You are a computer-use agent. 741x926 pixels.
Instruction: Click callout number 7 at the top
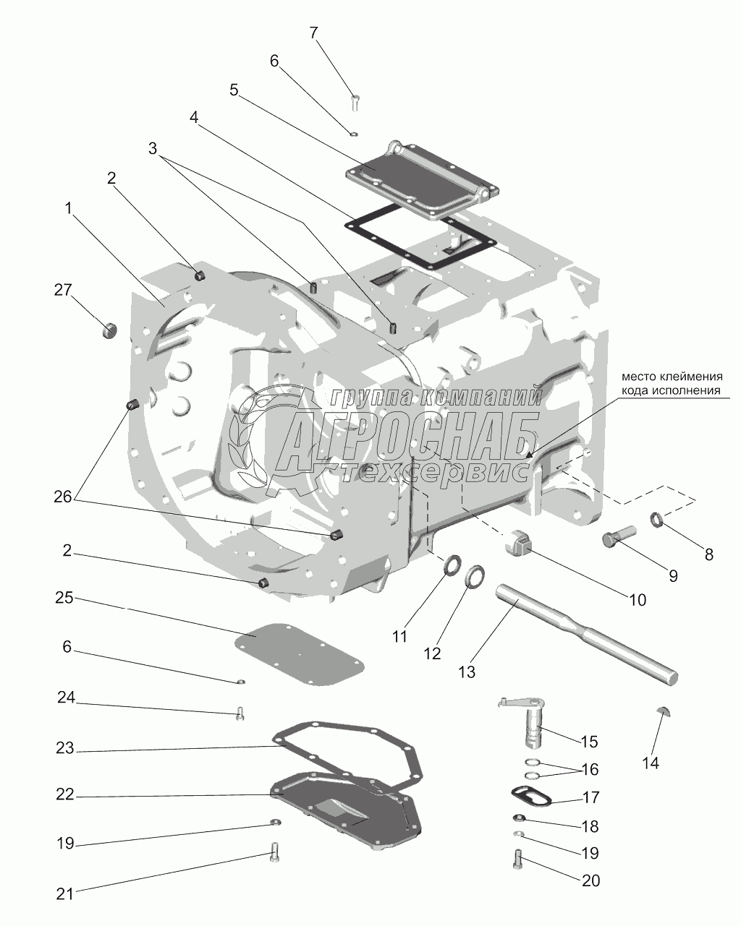(x=313, y=33)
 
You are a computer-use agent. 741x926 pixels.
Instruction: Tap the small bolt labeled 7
(x=355, y=103)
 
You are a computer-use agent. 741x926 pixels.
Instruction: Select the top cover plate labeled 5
(x=423, y=178)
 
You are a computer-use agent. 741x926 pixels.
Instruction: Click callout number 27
(x=62, y=290)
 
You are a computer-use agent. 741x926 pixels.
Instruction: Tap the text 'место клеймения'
(x=672, y=377)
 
